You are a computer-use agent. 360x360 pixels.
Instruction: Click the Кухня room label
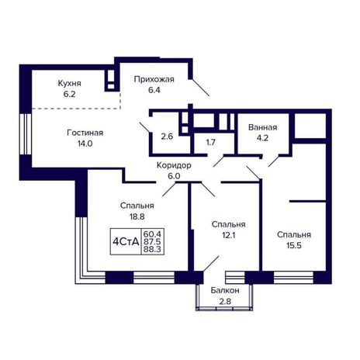click(x=69, y=83)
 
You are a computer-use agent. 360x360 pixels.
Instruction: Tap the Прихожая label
click(x=154, y=79)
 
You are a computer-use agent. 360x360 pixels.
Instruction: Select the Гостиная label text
click(x=85, y=133)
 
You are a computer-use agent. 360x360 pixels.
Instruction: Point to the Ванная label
click(x=262, y=127)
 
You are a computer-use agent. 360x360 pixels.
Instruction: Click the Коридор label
click(x=174, y=165)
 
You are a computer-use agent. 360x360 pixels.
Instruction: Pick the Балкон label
click(x=225, y=290)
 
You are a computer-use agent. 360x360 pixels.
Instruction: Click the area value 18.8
click(x=137, y=216)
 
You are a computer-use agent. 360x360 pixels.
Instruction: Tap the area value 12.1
click(x=229, y=235)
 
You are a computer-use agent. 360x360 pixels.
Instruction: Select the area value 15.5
click(x=294, y=245)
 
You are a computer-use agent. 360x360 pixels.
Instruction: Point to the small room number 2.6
click(x=167, y=137)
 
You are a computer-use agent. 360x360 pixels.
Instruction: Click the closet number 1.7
click(x=210, y=142)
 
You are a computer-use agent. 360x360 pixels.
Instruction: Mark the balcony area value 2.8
click(x=225, y=301)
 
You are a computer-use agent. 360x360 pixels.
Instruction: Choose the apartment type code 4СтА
click(x=126, y=242)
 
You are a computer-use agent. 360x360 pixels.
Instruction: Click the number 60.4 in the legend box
click(x=152, y=234)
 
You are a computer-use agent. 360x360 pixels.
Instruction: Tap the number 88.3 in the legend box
click(x=152, y=249)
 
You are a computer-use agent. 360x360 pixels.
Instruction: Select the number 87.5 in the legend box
click(x=152, y=242)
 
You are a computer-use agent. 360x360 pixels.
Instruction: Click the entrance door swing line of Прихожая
click(x=200, y=87)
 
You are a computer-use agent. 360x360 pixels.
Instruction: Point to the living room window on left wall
click(x=26, y=134)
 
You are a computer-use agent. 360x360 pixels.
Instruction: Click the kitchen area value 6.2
click(x=69, y=94)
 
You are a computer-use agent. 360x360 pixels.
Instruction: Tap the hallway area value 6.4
click(x=154, y=90)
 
